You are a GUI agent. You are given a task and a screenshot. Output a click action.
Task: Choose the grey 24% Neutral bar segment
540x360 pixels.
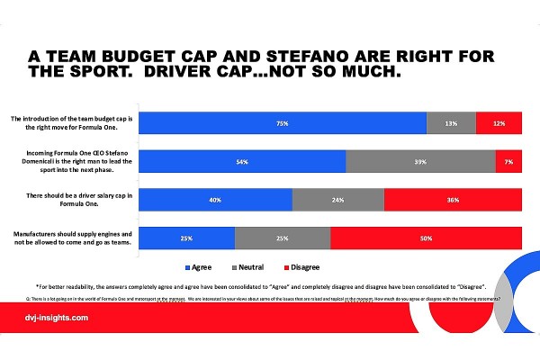(337, 199)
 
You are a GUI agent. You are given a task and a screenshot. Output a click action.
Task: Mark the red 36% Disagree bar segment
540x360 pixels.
(453, 199)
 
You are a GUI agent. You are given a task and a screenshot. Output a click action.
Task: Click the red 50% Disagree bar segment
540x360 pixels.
(426, 238)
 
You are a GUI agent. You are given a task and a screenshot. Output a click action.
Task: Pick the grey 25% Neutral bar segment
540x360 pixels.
(283, 238)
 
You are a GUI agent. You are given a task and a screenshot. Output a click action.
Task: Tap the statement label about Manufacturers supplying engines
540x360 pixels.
(72, 238)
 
